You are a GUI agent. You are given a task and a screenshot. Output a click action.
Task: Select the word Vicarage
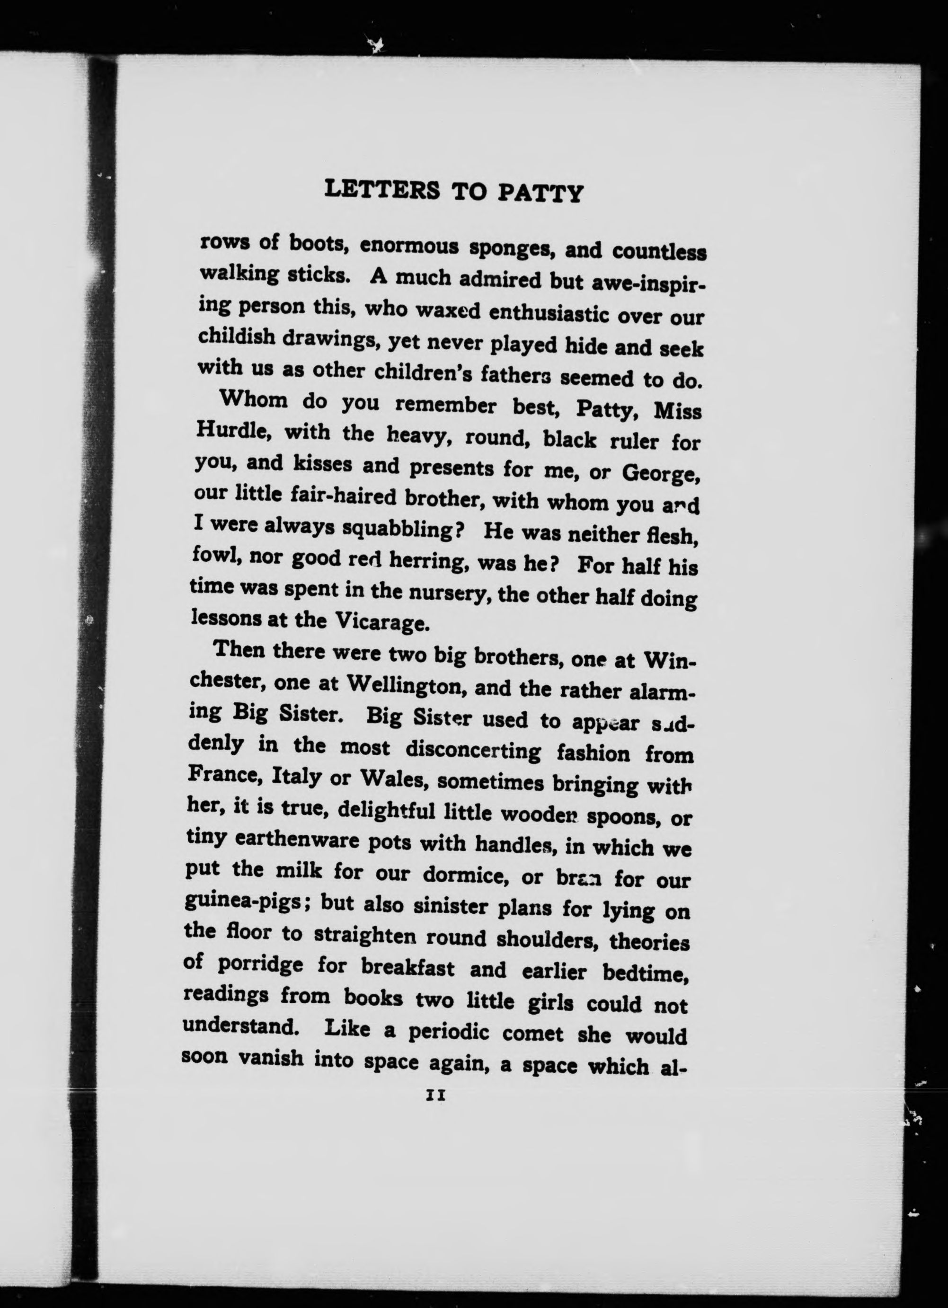coord(382,621)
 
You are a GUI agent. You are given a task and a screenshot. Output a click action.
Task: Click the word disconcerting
coord(473,750)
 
